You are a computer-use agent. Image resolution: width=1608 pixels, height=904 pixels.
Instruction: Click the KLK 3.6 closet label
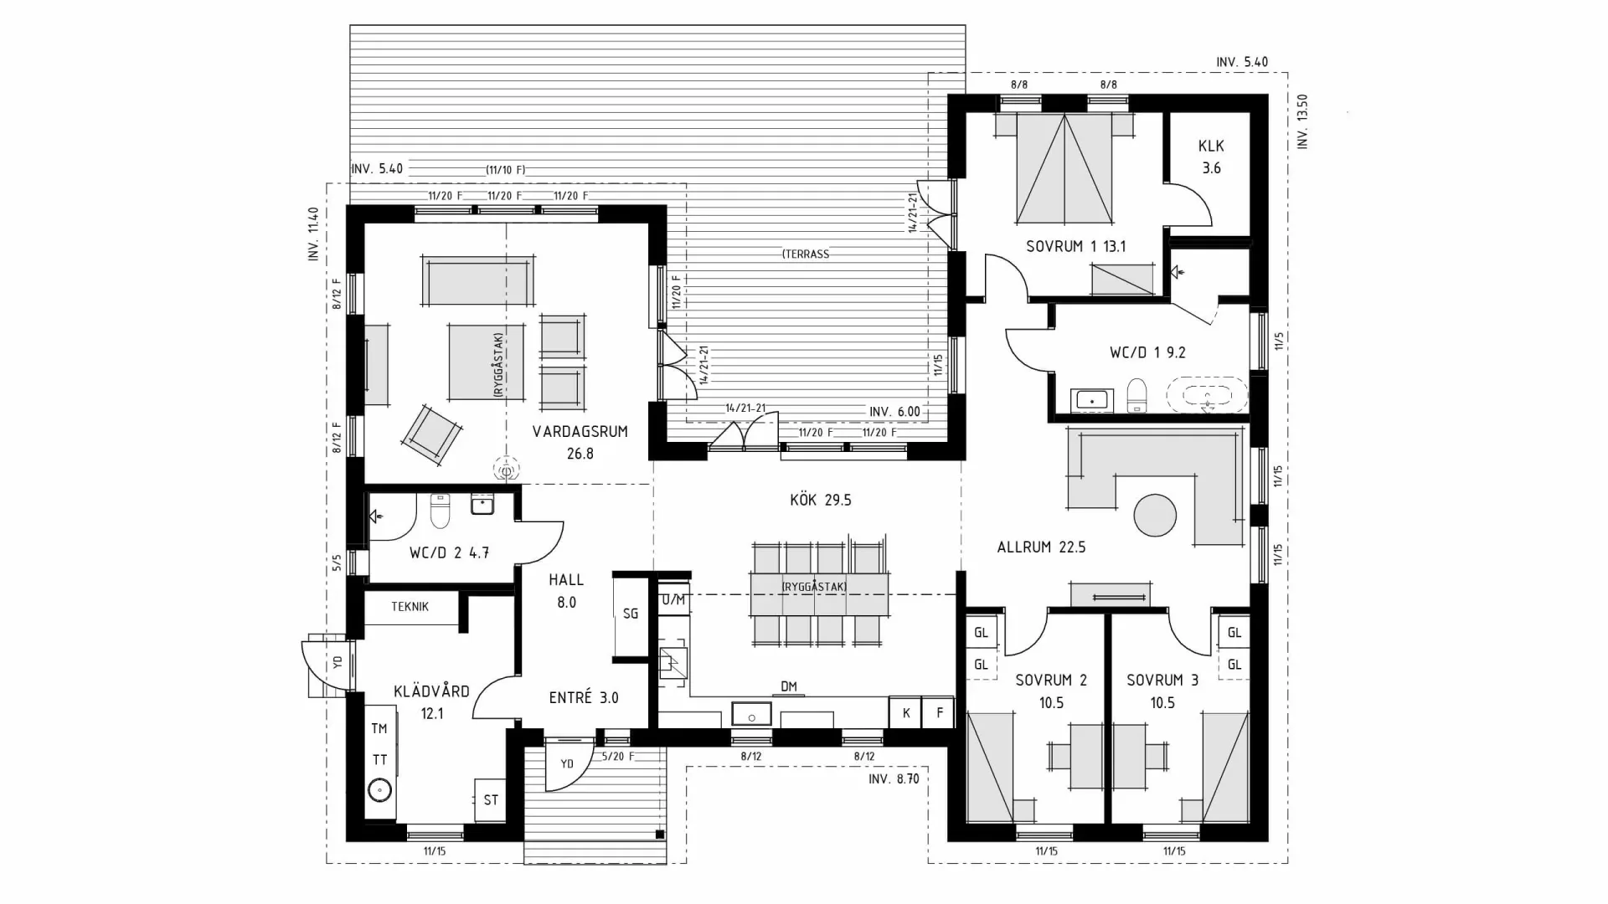1211,157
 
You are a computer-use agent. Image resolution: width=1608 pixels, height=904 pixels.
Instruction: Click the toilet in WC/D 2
440,511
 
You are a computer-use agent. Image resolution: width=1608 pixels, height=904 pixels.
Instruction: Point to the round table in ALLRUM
1156,515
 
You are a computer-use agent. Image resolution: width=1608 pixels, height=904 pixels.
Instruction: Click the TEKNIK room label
410,607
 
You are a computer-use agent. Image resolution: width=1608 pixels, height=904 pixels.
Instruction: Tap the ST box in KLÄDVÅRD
491,800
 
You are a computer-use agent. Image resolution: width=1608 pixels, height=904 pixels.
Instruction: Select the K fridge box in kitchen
905,713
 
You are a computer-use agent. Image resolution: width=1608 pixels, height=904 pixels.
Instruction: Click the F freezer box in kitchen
939,713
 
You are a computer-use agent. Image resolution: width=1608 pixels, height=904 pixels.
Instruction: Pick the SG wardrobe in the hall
630,614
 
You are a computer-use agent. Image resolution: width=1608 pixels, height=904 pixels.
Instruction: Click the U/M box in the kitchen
673,600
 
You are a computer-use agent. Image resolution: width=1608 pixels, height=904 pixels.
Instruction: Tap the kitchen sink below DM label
752,715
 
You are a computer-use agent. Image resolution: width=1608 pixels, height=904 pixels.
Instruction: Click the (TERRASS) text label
806,254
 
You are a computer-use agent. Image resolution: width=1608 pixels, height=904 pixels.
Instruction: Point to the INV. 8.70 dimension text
894,778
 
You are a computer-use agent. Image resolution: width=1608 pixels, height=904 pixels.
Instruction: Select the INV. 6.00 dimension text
894,412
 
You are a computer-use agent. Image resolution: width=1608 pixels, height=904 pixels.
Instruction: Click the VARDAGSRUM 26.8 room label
580,442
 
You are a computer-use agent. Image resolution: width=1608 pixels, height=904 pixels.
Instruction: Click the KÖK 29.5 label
820,500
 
